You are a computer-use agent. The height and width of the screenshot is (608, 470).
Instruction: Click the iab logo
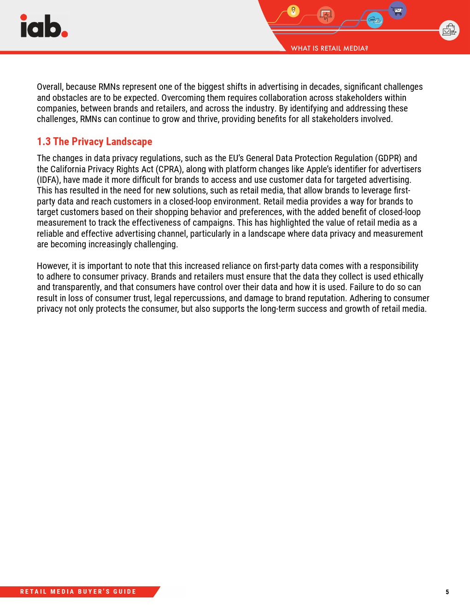click(x=44, y=26)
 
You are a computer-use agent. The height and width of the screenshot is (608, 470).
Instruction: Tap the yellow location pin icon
click(x=293, y=11)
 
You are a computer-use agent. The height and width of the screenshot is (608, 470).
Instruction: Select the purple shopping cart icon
click(x=397, y=10)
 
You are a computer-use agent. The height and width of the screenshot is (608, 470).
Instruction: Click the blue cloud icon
click(x=375, y=20)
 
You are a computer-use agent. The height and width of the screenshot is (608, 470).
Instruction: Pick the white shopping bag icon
click(x=449, y=30)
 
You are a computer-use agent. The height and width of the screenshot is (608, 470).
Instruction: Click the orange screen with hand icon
click(x=326, y=15)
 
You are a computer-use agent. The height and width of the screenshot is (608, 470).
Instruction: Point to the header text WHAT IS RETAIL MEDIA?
click(x=329, y=48)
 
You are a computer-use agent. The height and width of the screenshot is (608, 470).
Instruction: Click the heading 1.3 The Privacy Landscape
click(x=94, y=141)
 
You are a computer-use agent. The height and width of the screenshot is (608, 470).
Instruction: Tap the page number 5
click(x=447, y=592)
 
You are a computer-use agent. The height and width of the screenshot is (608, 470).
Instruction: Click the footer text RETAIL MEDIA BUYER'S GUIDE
click(x=78, y=592)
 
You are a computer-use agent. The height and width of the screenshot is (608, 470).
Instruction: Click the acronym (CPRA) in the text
click(x=169, y=169)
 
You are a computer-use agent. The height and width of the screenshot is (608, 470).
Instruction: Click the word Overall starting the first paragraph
click(x=50, y=87)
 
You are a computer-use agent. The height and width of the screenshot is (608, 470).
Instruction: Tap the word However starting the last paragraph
click(x=53, y=266)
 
